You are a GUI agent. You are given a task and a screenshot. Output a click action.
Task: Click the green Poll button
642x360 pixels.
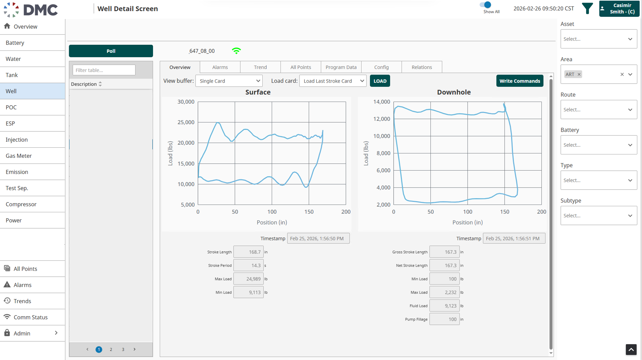[x=111, y=51]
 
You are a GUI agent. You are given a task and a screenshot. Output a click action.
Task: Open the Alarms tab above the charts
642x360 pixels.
[x=220, y=67]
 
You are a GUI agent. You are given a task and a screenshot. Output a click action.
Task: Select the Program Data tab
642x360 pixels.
[x=341, y=67]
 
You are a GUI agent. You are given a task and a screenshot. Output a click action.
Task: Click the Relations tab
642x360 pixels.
[x=422, y=67]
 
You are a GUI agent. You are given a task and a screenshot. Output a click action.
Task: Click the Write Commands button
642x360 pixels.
[x=520, y=81]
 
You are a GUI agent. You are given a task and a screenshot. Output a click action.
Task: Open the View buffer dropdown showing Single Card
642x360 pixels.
[x=229, y=81]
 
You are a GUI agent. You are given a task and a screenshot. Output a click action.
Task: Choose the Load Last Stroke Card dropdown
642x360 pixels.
[x=333, y=81]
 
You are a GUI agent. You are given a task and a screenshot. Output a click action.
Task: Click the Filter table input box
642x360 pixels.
[x=104, y=70]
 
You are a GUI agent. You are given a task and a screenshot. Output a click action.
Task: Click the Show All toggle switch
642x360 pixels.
[x=486, y=5]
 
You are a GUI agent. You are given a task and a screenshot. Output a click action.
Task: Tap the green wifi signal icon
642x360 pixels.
[x=236, y=51]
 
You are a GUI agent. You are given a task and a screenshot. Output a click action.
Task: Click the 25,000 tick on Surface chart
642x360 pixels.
[x=186, y=122]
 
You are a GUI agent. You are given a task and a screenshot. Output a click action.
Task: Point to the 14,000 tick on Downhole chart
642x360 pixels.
[x=382, y=102]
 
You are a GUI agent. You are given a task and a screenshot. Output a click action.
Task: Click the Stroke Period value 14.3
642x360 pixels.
[x=248, y=265]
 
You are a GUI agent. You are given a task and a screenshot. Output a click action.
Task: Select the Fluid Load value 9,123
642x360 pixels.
[x=444, y=306]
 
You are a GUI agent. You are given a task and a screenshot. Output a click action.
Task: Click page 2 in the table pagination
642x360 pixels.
[x=111, y=349]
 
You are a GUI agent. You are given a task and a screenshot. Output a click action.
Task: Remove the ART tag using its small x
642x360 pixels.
[x=579, y=74]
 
